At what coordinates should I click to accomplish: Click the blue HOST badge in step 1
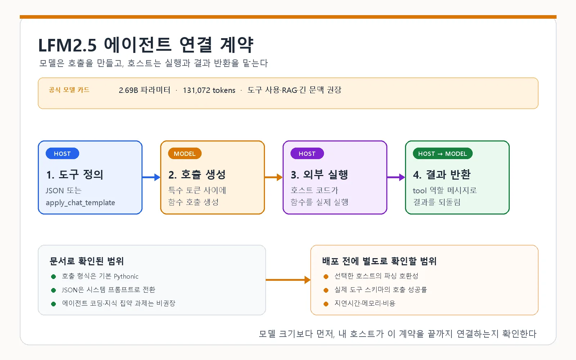pyautogui.click(x=62, y=153)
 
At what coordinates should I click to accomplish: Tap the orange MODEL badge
pyautogui.click(x=185, y=153)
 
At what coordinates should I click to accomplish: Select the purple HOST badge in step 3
pyautogui.click(x=307, y=153)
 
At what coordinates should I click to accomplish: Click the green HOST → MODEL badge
pyautogui.click(x=442, y=153)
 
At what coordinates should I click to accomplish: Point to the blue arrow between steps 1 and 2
pyautogui.click(x=151, y=177)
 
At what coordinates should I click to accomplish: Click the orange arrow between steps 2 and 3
pyautogui.click(x=274, y=177)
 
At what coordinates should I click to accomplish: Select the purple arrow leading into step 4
pyautogui.click(x=396, y=177)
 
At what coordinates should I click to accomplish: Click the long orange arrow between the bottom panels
pyautogui.click(x=288, y=280)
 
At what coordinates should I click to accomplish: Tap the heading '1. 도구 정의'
pyautogui.click(x=75, y=175)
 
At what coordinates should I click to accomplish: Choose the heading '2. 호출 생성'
pyautogui.click(x=197, y=175)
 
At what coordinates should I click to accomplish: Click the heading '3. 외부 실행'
pyautogui.click(x=319, y=175)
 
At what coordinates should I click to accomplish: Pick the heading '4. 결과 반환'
pyautogui.click(x=442, y=175)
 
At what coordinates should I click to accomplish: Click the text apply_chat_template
pyautogui.click(x=80, y=203)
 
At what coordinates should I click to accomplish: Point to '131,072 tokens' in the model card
pyautogui.click(x=209, y=90)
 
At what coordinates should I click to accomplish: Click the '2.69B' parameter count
pyautogui.click(x=128, y=90)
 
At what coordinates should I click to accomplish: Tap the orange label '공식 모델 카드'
pyautogui.click(x=69, y=90)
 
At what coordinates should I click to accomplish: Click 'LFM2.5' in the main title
pyautogui.click(x=67, y=45)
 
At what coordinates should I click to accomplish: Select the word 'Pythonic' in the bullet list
pyautogui.click(x=126, y=276)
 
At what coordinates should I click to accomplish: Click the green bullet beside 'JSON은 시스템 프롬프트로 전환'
pyautogui.click(x=54, y=290)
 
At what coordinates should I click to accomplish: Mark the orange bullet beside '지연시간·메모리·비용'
pyautogui.click(x=326, y=304)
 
